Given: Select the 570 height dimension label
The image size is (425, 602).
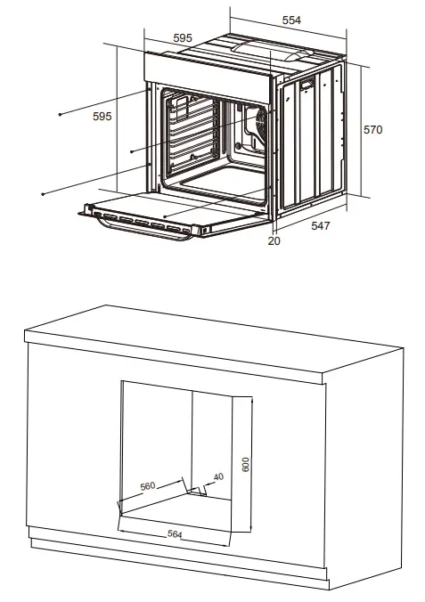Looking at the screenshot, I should point(372,130).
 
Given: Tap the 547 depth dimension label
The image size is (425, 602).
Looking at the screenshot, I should point(319,226).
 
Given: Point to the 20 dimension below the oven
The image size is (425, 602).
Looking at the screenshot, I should point(274,240).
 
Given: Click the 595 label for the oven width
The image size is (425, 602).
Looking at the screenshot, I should point(183,37).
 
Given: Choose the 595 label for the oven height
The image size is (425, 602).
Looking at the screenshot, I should point(102,117).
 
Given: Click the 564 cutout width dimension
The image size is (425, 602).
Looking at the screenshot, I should point(174,534).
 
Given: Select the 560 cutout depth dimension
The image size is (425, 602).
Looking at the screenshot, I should point(148,486).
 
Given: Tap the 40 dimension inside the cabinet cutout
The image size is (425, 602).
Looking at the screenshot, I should point(218,477).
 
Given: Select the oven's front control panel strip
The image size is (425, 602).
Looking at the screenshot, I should point(209,69).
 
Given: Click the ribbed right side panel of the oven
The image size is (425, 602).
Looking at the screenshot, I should point(312,142).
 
